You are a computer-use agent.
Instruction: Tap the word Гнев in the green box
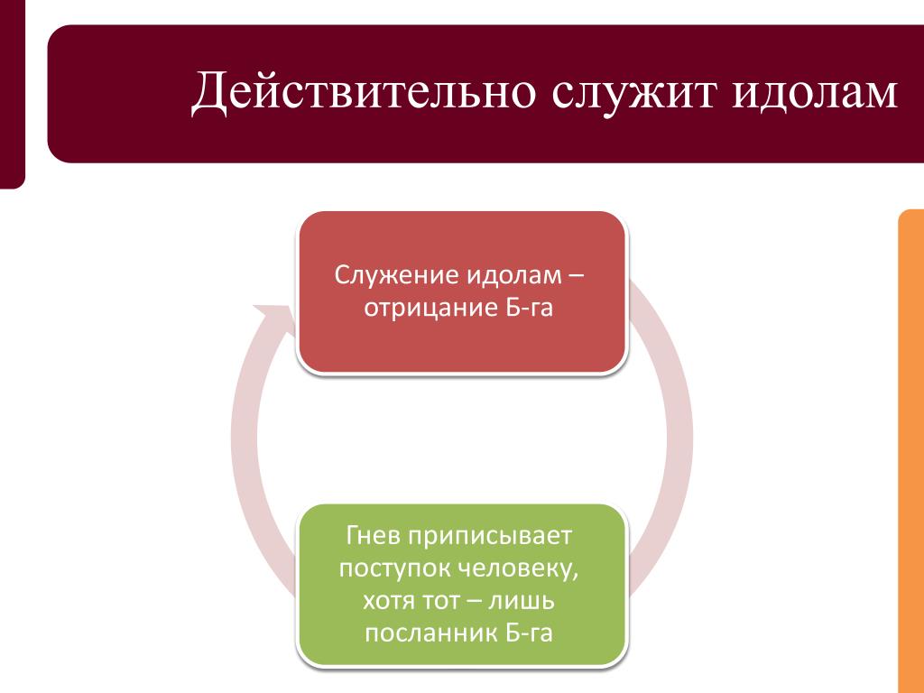(374, 537)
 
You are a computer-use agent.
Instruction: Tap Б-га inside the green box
(528, 632)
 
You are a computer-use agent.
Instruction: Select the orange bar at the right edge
(910, 451)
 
